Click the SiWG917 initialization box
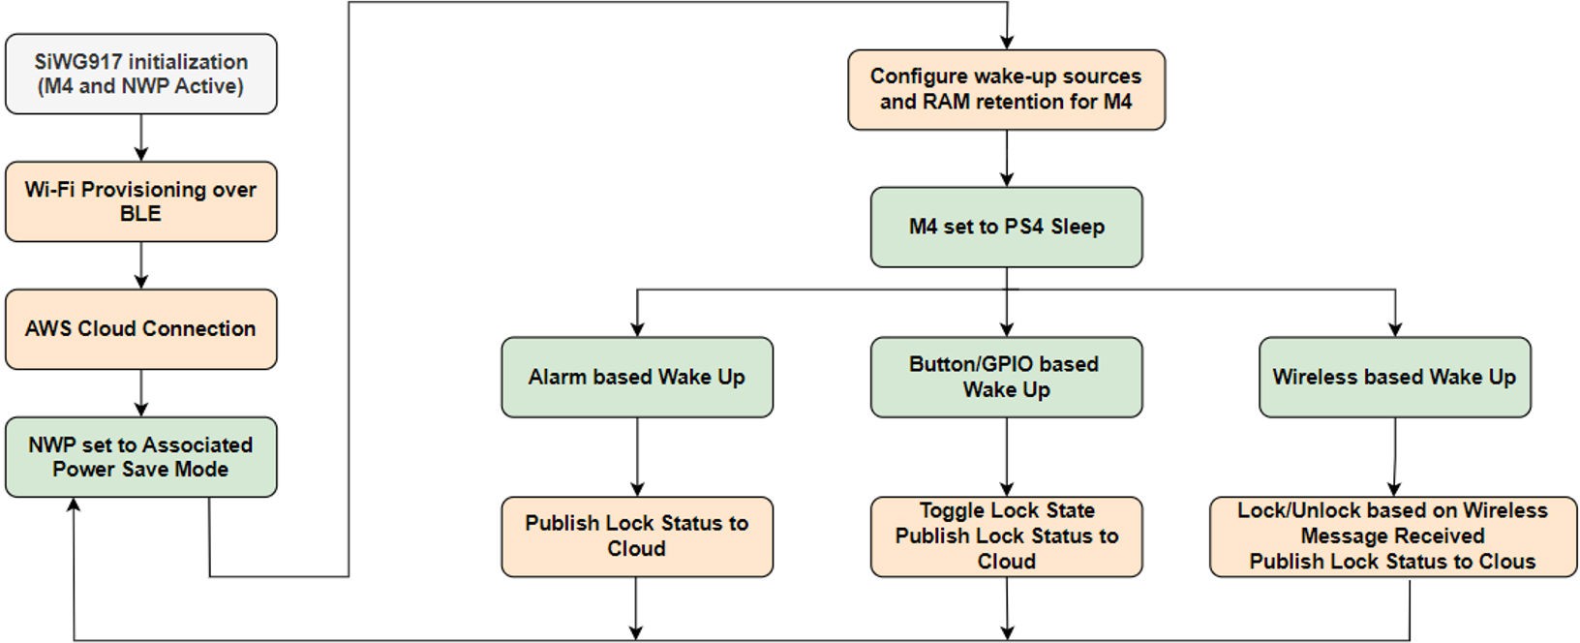click(141, 75)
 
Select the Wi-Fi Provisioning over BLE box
click(141, 201)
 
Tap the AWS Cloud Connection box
click(141, 329)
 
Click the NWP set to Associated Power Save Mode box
click(141, 457)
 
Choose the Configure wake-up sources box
click(1006, 89)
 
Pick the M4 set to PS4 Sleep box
click(1006, 228)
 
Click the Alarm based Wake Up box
click(636, 378)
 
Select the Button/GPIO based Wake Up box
click(1006, 378)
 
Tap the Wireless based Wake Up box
click(1394, 378)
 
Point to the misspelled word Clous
click(1508, 562)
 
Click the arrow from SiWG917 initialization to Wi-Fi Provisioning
click(141, 138)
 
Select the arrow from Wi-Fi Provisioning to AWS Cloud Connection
click(141, 265)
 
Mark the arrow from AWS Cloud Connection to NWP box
click(141, 393)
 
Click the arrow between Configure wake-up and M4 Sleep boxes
click(1006, 159)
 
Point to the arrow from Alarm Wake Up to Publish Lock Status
click(636, 457)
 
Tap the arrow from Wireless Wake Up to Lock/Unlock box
click(1394, 457)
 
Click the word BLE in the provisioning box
click(141, 214)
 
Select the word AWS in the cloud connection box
click(47, 329)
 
